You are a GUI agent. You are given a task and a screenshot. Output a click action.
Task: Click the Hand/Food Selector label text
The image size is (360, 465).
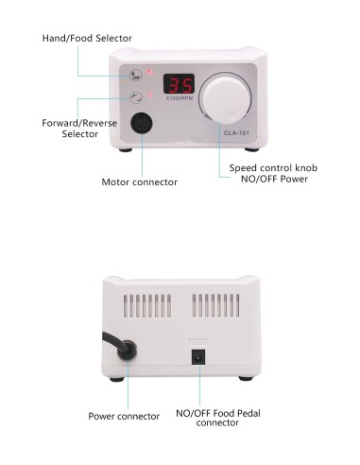tap(87, 38)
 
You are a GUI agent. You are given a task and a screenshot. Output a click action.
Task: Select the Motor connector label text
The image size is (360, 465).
tap(139, 181)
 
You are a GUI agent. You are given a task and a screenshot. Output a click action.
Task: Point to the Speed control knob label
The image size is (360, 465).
tap(273, 168)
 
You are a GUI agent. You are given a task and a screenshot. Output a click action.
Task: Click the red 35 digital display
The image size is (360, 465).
tap(180, 84)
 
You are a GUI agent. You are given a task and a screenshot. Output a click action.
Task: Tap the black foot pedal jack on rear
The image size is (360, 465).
tap(199, 356)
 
